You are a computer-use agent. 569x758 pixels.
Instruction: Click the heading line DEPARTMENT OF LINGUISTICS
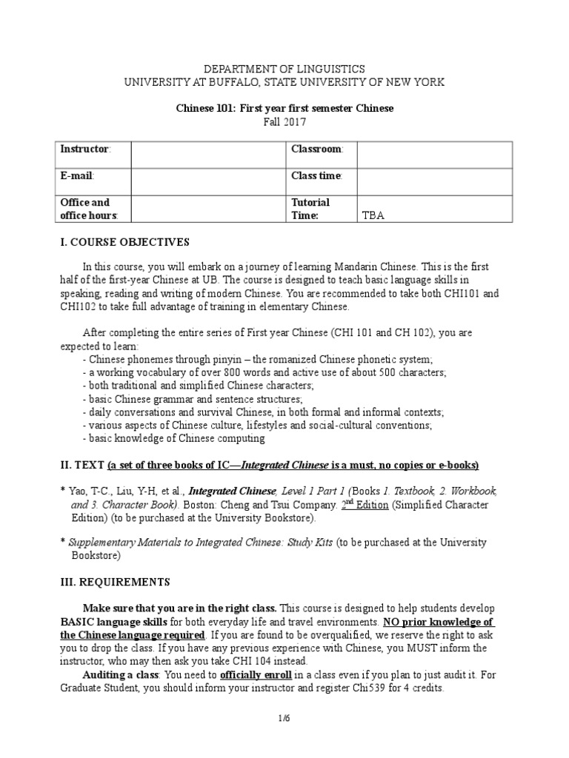pyautogui.click(x=284, y=69)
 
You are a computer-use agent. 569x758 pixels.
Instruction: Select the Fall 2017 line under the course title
pyautogui.click(x=284, y=121)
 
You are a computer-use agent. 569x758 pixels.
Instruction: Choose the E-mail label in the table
pyautogui.click(x=77, y=175)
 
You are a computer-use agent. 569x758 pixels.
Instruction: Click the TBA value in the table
pyautogui.click(x=373, y=215)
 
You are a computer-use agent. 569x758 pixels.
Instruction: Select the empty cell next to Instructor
pyautogui.click(x=208, y=154)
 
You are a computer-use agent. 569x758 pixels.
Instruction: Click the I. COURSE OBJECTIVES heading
pyautogui.click(x=124, y=242)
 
